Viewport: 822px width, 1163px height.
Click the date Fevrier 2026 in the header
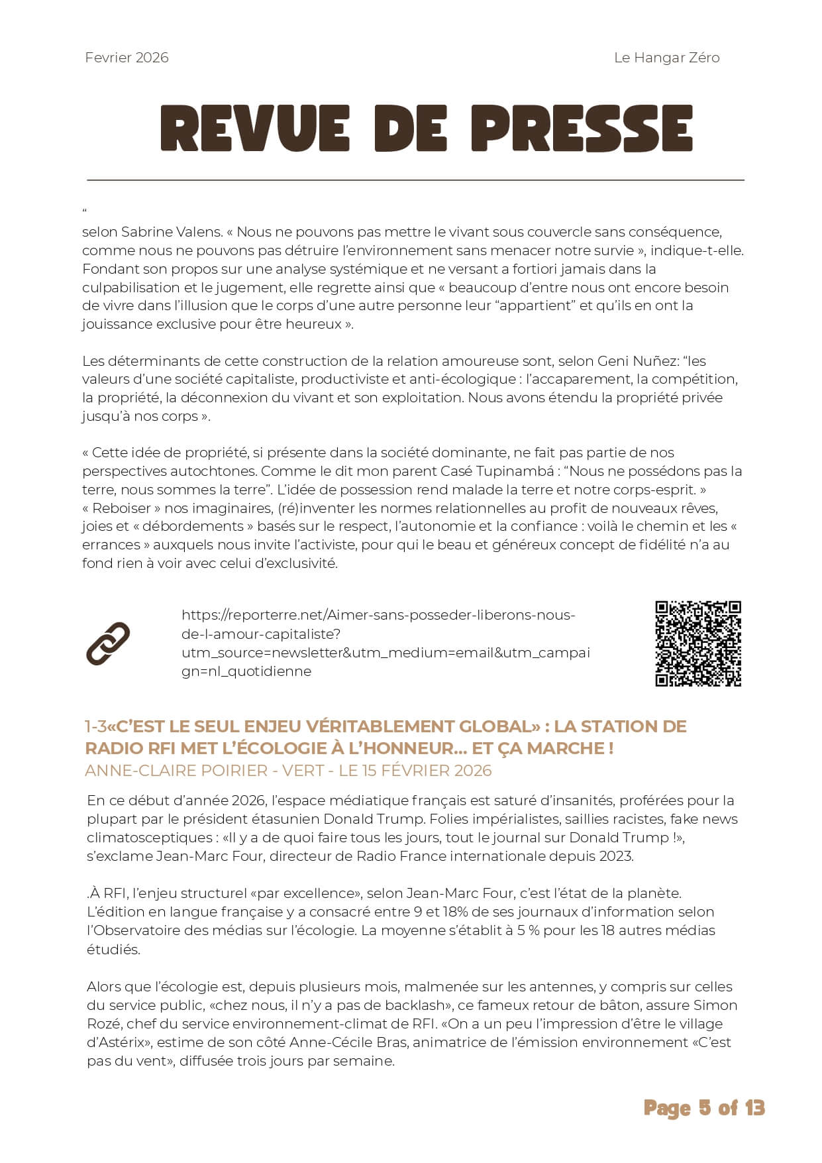pos(127,58)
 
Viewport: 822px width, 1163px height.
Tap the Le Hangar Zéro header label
pos(666,58)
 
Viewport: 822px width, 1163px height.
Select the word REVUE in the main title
pos(254,129)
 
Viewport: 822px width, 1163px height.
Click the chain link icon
pos(108,643)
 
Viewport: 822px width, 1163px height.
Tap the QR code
pos(698,643)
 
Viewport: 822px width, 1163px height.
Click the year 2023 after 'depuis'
pos(615,856)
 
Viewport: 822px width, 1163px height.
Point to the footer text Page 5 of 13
pos(704,1108)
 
